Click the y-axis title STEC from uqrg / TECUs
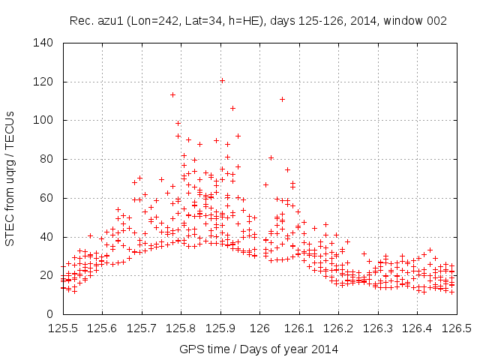pyautogui.click(x=10, y=178)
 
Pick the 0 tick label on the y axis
pyautogui.click(x=49, y=314)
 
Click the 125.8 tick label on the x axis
pyautogui.click(x=181, y=328)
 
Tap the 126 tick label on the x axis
pyautogui.click(x=259, y=328)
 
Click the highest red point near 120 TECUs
pyautogui.click(x=222, y=80)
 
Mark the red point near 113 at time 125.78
pyautogui.click(x=172, y=94)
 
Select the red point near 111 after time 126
pyautogui.click(x=282, y=99)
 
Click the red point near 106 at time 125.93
pyautogui.click(x=232, y=108)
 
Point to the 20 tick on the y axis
pyautogui.click(x=46, y=275)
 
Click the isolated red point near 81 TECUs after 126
pyautogui.click(x=271, y=157)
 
